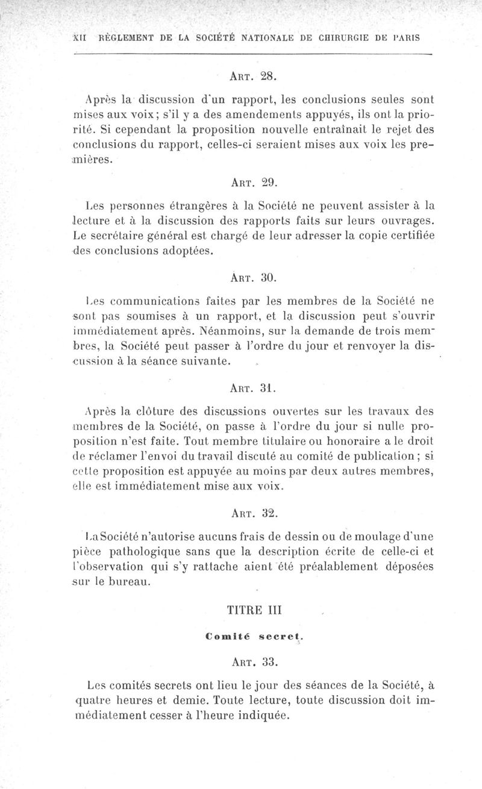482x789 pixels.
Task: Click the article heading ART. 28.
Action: coord(253,76)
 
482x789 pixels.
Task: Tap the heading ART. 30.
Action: coord(253,278)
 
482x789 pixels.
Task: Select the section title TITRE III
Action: coord(253,610)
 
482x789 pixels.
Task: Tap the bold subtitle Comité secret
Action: coord(253,635)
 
